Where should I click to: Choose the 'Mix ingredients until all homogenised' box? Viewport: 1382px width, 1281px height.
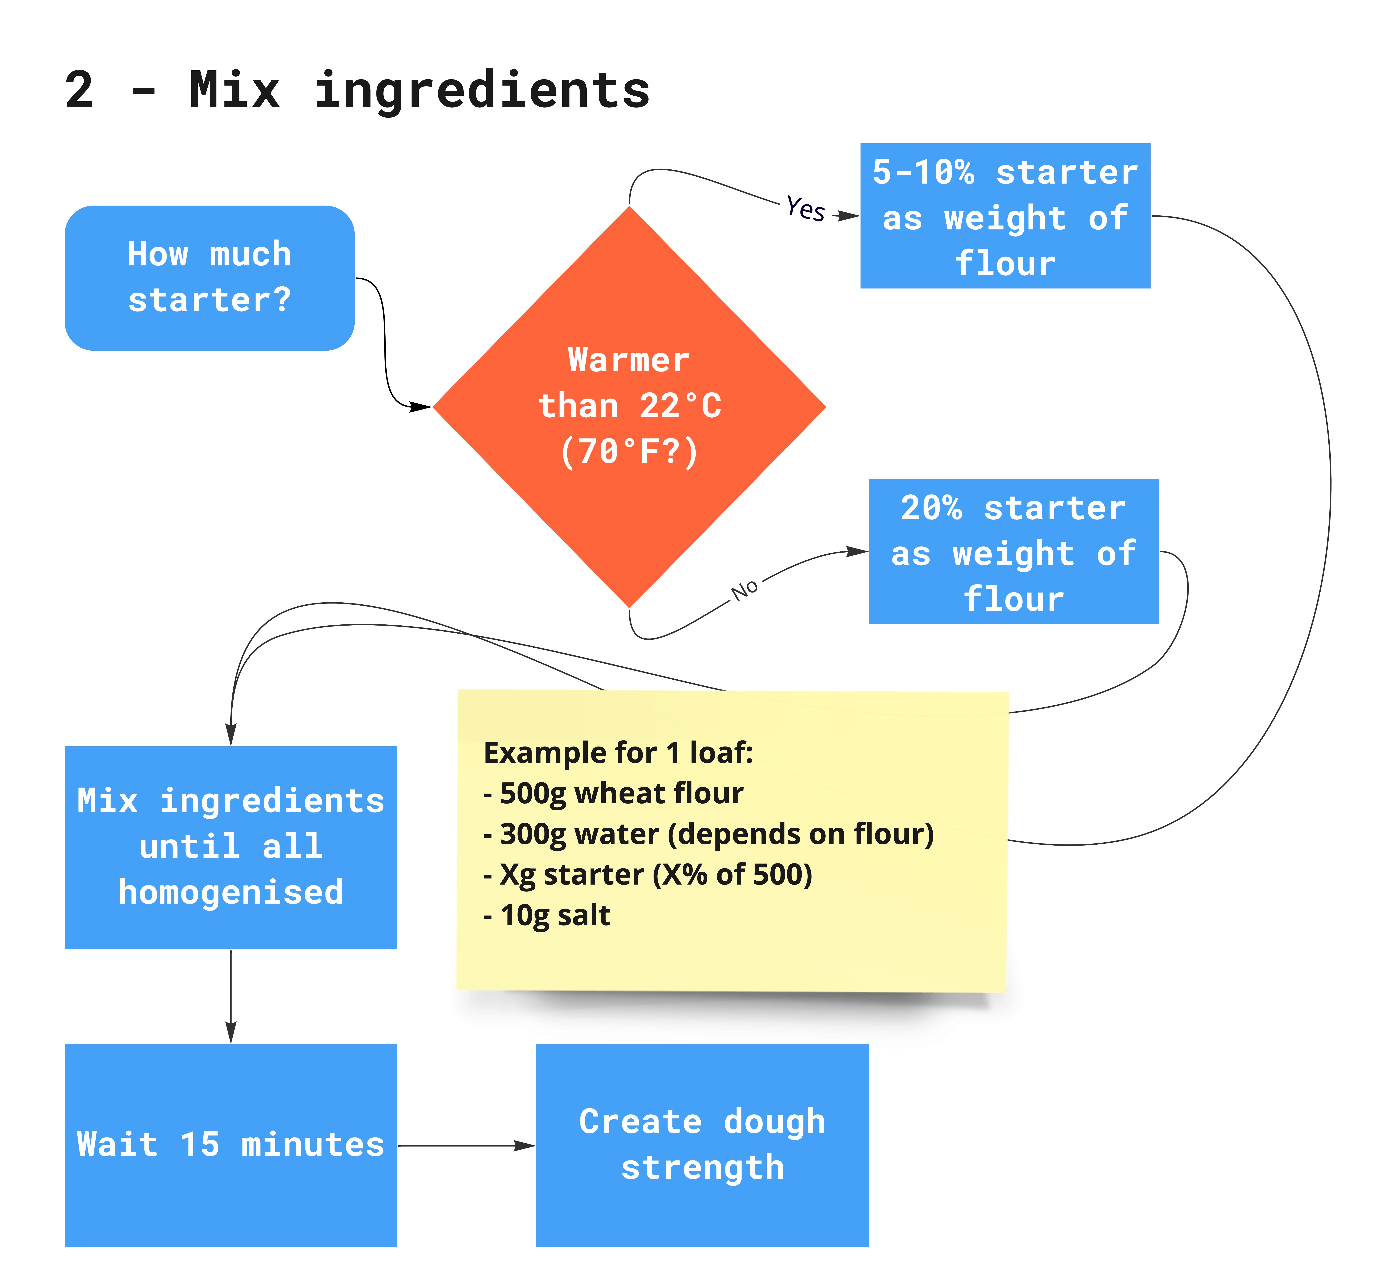point(231,847)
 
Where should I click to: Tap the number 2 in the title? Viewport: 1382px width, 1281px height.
point(79,90)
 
